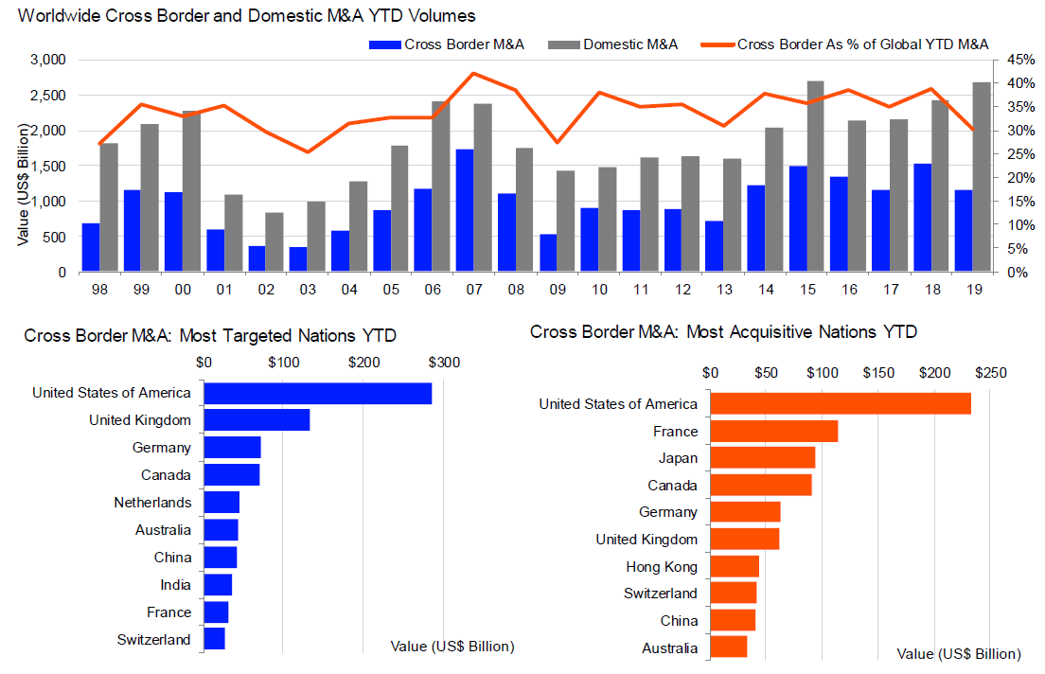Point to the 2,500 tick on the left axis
[x=47, y=95]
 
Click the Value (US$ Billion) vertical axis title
[x=22, y=166]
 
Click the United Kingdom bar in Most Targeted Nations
[x=257, y=419]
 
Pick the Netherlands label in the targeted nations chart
[x=152, y=503]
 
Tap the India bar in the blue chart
[x=218, y=584]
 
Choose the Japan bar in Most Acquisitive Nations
[x=763, y=458]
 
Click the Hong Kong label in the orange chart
[x=662, y=567]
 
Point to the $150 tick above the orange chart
[x=878, y=373]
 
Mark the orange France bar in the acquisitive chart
[x=774, y=431]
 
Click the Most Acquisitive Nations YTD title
[x=723, y=332]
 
